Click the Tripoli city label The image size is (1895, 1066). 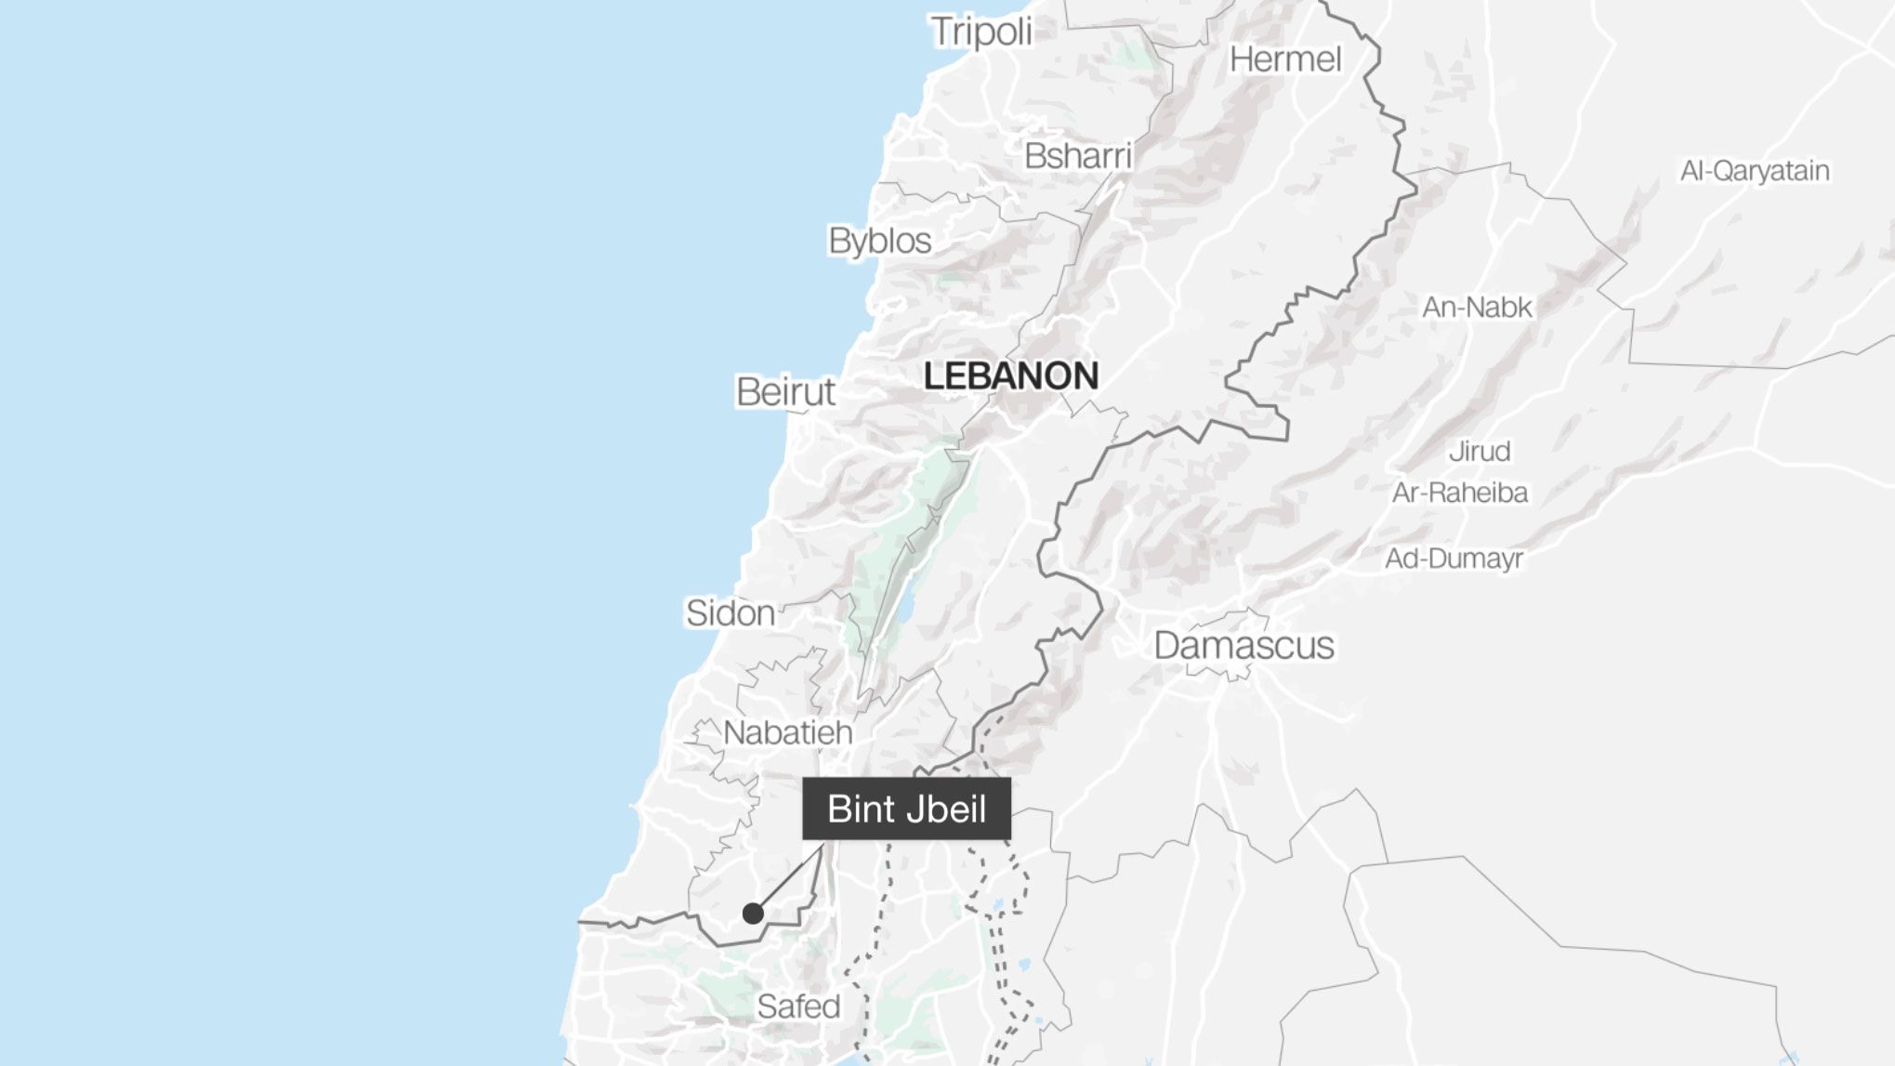click(x=981, y=33)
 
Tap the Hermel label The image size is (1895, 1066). click(x=1285, y=60)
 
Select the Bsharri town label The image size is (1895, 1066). click(x=1078, y=156)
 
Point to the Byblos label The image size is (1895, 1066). click(x=879, y=242)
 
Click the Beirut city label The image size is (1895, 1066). click(x=785, y=392)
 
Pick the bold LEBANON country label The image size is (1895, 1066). click(x=1010, y=376)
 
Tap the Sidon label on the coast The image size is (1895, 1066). click(x=730, y=613)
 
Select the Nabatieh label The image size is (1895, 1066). click(x=787, y=733)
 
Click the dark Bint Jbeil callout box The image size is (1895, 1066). click(x=906, y=809)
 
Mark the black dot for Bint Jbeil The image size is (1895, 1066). click(x=753, y=914)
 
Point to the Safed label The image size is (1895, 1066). click(x=798, y=1007)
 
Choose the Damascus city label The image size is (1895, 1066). click(x=1244, y=646)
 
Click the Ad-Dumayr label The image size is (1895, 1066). click(x=1454, y=559)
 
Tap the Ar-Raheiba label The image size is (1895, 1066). click(x=1459, y=493)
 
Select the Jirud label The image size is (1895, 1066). click(x=1480, y=452)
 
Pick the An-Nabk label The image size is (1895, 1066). click(x=1477, y=308)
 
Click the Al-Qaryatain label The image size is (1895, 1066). click(x=1755, y=171)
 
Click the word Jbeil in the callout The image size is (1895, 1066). click(x=947, y=809)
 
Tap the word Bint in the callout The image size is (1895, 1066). click(x=861, y=809)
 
